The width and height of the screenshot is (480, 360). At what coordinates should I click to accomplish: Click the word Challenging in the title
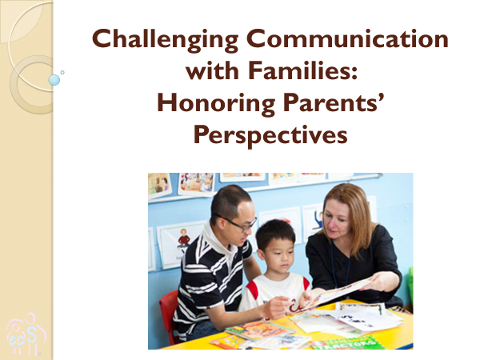coord(166,40)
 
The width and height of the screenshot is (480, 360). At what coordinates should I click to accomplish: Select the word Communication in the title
coord(347,38)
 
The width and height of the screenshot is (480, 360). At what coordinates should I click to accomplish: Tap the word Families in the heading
coord(302,70)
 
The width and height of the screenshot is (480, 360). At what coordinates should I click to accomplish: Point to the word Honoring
coord(216,104)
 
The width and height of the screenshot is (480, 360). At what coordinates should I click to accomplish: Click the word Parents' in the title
coord(334,102)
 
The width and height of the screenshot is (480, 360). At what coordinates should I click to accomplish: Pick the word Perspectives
coord(270,135)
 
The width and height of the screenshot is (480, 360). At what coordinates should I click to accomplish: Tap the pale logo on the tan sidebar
coord(26,334)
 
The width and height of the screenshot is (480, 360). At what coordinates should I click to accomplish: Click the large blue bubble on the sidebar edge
coord(54,80)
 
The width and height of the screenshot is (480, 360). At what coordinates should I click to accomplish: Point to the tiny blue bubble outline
coord(62,73)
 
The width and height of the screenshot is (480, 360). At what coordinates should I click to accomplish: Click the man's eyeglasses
coord(238,223)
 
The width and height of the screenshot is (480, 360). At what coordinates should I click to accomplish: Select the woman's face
coord(336,221)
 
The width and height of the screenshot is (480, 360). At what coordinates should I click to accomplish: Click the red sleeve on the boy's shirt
coord(252,290)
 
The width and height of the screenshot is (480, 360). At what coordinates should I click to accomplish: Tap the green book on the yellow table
coord(349,343)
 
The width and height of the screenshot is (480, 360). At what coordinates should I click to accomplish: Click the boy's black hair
coord(274,234)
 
